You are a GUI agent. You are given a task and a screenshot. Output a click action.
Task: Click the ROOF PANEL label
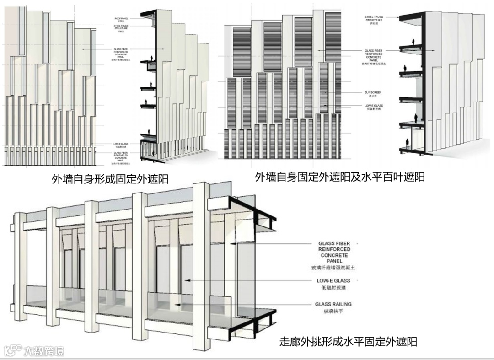(121, 19)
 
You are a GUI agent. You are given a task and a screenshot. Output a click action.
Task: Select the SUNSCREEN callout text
(374, 92)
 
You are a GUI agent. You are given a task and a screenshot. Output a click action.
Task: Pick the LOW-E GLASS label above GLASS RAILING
(333, 280)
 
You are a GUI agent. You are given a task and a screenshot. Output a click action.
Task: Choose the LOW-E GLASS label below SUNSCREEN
(374, 106)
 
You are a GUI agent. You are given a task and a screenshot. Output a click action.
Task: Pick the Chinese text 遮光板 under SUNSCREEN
(374, 97)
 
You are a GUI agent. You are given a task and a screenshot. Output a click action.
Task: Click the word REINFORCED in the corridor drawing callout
(334, 249)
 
